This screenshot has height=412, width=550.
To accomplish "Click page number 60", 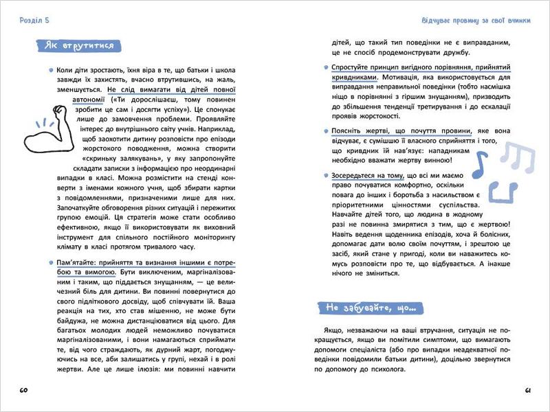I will (x=23, y=391).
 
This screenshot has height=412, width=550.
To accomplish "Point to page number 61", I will (x=527, y=391).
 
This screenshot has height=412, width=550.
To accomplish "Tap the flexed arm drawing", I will (x=43, y=127).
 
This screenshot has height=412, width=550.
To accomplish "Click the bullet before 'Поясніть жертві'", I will (x=325, y=130).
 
